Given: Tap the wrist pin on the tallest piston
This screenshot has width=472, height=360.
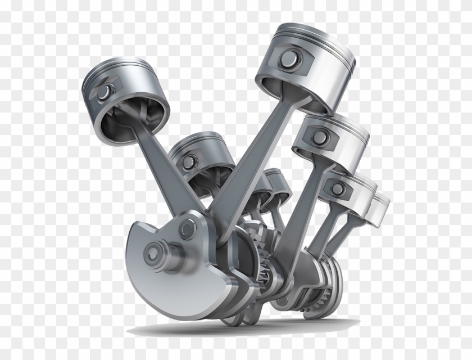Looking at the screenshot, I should [x=291, y=56].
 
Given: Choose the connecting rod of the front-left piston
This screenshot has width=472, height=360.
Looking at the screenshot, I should [x=169, y=169].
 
